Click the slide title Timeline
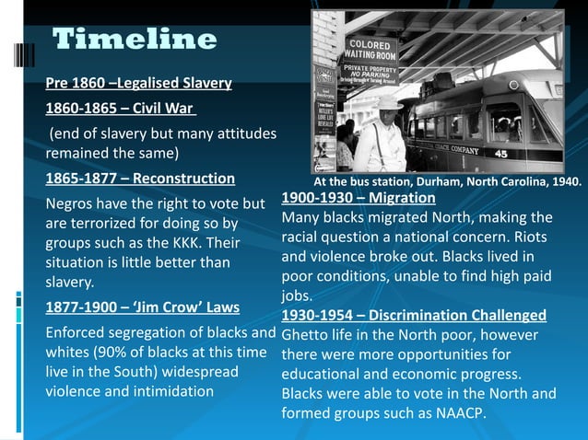pyautogui.click(x=135, y=40)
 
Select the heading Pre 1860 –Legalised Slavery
pyautogui.click(x=138, y=86)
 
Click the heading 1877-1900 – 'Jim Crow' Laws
pyautogui.click(x=143, y=307)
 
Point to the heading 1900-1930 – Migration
pyautogui.click(x=358, y=198)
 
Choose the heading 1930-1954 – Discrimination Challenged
pyautogui.click(x=414, y=316)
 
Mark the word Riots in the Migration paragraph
pyautogui.click(x=531, y=237)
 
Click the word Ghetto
pyautogui.click(x=307, y=335)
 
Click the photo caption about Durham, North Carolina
pyautogui.click(x=448, y=181)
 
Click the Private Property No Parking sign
pyautogui.click(x=372, y=73)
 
